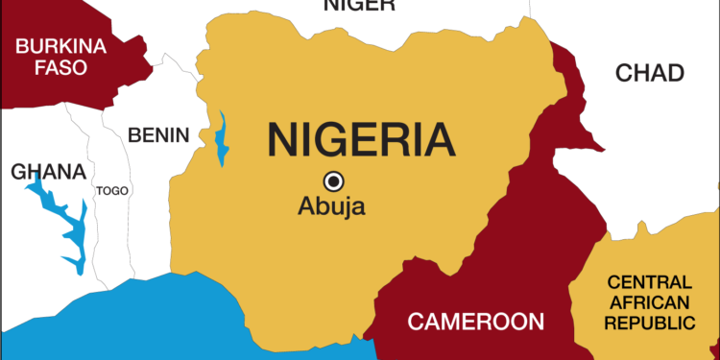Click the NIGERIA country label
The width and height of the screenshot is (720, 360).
(x=360, y=139)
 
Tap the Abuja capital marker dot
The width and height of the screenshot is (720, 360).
(x=333, y=180)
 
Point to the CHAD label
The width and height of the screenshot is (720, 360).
(x=650, y=73)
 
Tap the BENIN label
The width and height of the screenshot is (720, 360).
(x=158, y=134)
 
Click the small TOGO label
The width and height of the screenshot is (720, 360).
(x=111, y=191)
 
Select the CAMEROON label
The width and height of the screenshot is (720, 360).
(x=476, y=322)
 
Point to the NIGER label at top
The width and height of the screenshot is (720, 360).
(x=359, y=6)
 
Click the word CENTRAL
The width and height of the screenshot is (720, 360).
(x=648, y=282)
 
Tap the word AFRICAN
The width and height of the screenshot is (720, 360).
(x=648, y=301)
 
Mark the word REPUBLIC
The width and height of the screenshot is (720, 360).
(x=648, y=322)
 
